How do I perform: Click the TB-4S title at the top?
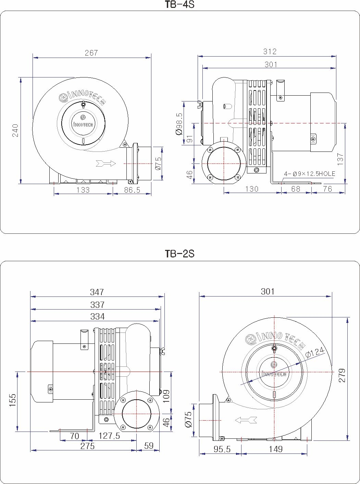(180, 4)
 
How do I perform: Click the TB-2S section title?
(180, 254)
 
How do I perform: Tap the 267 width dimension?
(91, 53)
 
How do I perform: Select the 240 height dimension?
(15, 130)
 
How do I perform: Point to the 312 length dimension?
(270, 51)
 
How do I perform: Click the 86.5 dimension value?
(132, 190)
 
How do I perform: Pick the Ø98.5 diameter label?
(179, 124)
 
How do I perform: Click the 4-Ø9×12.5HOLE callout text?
(309, 174)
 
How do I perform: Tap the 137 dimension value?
(340, 159)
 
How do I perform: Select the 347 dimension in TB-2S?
(97, 292)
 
